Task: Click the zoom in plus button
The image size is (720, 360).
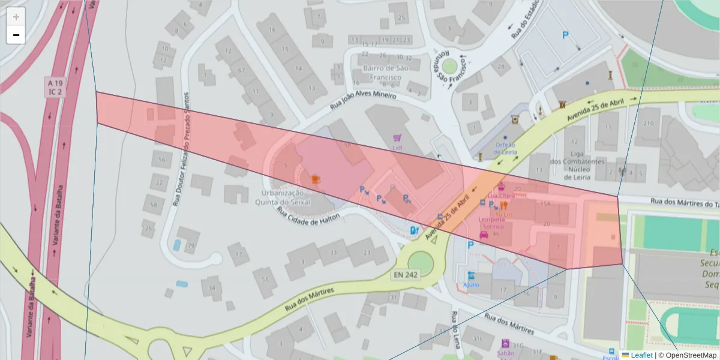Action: coord(16,17)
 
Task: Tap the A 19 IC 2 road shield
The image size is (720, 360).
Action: coord(56,88)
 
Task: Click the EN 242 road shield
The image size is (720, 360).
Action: coord(406,275)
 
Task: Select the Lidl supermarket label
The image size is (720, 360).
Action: coord(397,148)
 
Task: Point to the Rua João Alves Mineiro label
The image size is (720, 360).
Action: coord(364,100)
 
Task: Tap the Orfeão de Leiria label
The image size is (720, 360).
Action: coord(506,148)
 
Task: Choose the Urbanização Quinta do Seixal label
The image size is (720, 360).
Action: coord(286,197)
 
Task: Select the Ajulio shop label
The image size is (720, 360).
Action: coord(472,284)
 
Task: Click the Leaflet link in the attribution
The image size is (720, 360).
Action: coord(641,355)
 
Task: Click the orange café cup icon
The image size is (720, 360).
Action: coord(315,178)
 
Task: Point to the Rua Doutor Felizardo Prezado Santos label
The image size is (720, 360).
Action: coord(181,149)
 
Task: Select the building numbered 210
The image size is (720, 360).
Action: coord(648,124)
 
